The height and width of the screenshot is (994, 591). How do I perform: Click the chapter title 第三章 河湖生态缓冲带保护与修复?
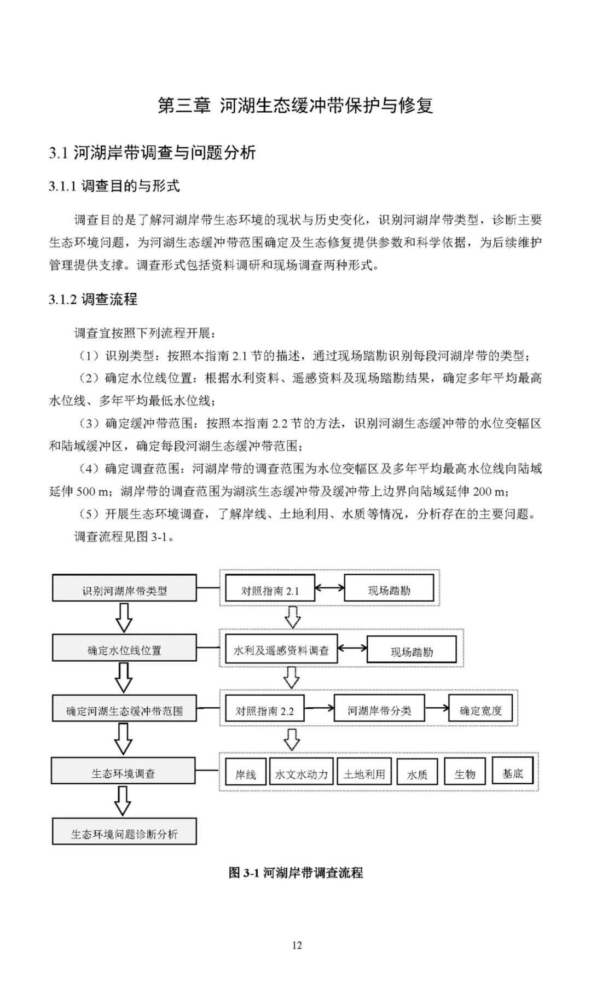coord(295,105)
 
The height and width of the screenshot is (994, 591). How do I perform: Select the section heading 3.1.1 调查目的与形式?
coord(114,186)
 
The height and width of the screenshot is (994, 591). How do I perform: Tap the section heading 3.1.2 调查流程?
coord(93,299)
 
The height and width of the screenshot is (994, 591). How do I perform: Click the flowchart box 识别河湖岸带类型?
coord(124,588)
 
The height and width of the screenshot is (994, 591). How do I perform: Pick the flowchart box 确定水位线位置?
coord(124,649)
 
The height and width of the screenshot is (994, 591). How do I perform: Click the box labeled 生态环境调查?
coord(123,771)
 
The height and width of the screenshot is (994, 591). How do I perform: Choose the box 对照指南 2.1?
coord(270,589)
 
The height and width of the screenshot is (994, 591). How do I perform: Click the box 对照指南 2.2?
coord(265,709)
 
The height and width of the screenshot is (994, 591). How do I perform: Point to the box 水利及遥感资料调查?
coord(281,650)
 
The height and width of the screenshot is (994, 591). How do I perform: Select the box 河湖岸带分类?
coord(379,709)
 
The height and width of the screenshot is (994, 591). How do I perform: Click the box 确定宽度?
coord(480,709)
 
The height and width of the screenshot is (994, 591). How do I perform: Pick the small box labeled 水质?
coord(417,773)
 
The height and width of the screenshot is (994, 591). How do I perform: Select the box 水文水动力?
coord(301,772)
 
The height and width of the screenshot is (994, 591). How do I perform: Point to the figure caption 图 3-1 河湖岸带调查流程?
coord(296,872)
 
